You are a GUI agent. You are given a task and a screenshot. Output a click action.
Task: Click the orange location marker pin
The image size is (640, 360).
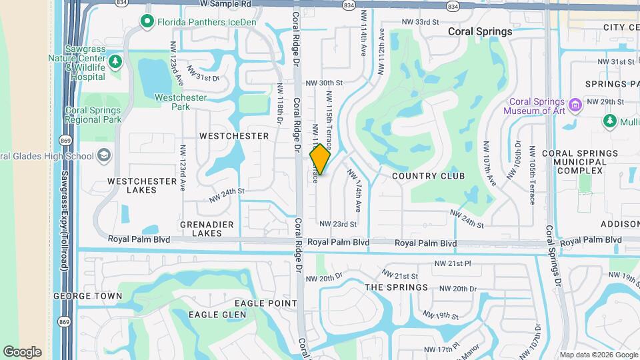[x=321, y=159]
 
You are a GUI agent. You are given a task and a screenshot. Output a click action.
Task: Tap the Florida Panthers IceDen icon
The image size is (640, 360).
[x=147, y=22]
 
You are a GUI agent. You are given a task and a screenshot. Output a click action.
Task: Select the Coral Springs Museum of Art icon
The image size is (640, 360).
[x=574, y=105]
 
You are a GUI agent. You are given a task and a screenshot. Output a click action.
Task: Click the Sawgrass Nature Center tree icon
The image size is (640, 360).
[x=116, y=62]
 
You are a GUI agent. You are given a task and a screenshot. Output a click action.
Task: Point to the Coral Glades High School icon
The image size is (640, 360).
[x=103, y=156]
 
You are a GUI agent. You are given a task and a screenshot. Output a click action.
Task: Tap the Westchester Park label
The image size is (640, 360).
[x=181, y=102]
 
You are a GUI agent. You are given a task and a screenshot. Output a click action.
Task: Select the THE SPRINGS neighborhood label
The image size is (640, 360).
[x=396, y=287]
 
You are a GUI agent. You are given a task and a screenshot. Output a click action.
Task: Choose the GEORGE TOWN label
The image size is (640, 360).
[x=87, y=296]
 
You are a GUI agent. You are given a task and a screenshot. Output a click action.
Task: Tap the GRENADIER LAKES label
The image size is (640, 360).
[x=207, y=229]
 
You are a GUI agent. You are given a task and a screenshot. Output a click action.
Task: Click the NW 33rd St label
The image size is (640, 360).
[x=420, y=22]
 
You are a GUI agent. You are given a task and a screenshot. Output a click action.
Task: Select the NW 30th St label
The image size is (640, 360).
[x=324, y=83]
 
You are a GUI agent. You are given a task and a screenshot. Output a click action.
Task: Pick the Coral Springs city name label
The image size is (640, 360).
[x=480, y=31]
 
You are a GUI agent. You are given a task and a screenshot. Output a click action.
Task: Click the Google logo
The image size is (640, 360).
[x=22, y=352]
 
